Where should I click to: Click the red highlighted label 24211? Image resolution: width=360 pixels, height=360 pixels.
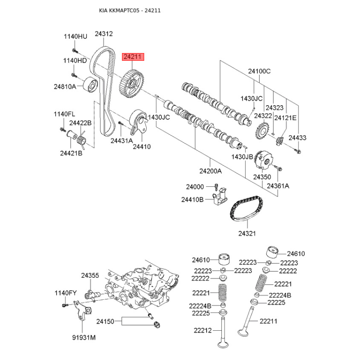click(x=133, y=57)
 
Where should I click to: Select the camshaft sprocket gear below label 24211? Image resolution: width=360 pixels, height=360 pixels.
click(x=132, y=84)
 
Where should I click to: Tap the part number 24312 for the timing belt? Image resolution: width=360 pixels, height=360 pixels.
click(x=104, y=34)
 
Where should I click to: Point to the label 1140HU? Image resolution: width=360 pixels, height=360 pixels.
click(x=76, y=36)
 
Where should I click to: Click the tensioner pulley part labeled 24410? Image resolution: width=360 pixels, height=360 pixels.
click(x=139, y=121)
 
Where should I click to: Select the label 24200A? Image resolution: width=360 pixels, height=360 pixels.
click(x=211, y=171)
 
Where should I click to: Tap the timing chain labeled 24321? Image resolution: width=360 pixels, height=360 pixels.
click(x=247, y=208)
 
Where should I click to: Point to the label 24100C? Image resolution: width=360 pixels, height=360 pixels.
click(x=260, y=71)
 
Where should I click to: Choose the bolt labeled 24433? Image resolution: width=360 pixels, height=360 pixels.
click(x=298, y=151)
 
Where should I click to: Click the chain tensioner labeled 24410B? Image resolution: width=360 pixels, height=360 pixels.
click(x=220, y=196)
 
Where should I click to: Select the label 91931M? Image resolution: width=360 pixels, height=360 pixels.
click(x=84, y=337)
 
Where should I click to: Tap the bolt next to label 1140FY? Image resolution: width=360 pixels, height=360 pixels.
click(x=64, y=305)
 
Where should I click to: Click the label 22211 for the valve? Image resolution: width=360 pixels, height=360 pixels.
click(x=268, y=321)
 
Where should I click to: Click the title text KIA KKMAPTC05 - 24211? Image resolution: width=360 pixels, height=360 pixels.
click(x=130, y=10)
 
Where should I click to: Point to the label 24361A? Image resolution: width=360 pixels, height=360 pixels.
click(x=278, y=186)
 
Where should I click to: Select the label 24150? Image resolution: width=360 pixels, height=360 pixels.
click(x=105, y=321)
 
